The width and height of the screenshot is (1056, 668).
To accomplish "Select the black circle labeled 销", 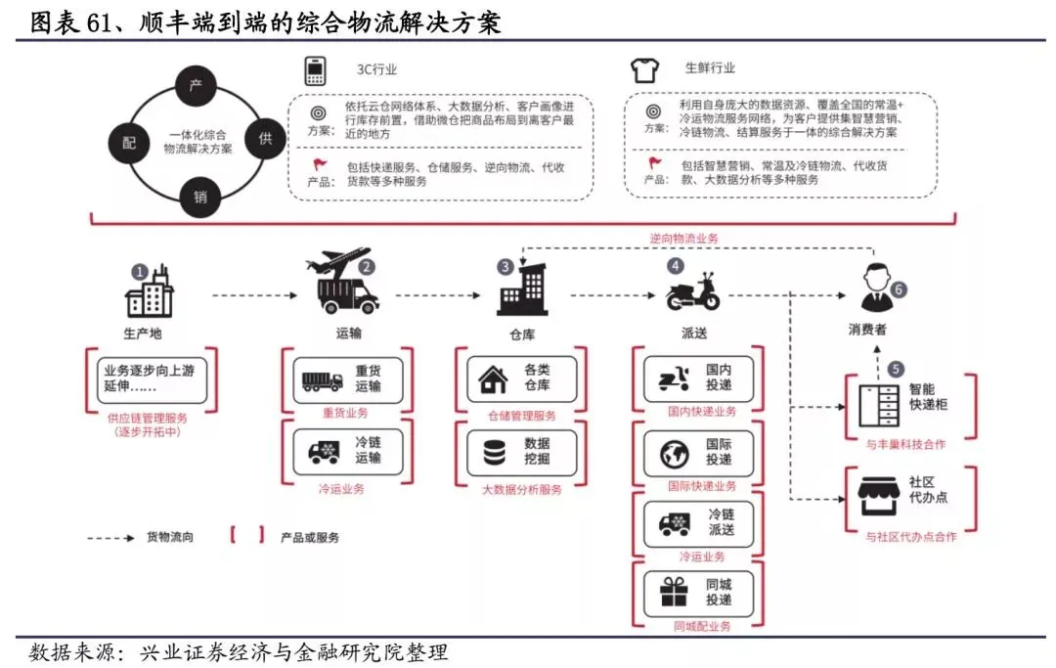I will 199,196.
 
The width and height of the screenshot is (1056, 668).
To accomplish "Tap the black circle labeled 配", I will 128,143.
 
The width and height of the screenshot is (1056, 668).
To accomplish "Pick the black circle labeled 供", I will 264,139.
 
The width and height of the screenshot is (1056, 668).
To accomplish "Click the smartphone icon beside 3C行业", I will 315,70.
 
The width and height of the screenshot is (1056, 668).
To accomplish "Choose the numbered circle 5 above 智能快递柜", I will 897,370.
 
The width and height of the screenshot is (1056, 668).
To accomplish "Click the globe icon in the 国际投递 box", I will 672,454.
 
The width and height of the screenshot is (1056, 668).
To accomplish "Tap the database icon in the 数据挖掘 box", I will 492,453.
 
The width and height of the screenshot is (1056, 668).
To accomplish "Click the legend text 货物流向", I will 171,536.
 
